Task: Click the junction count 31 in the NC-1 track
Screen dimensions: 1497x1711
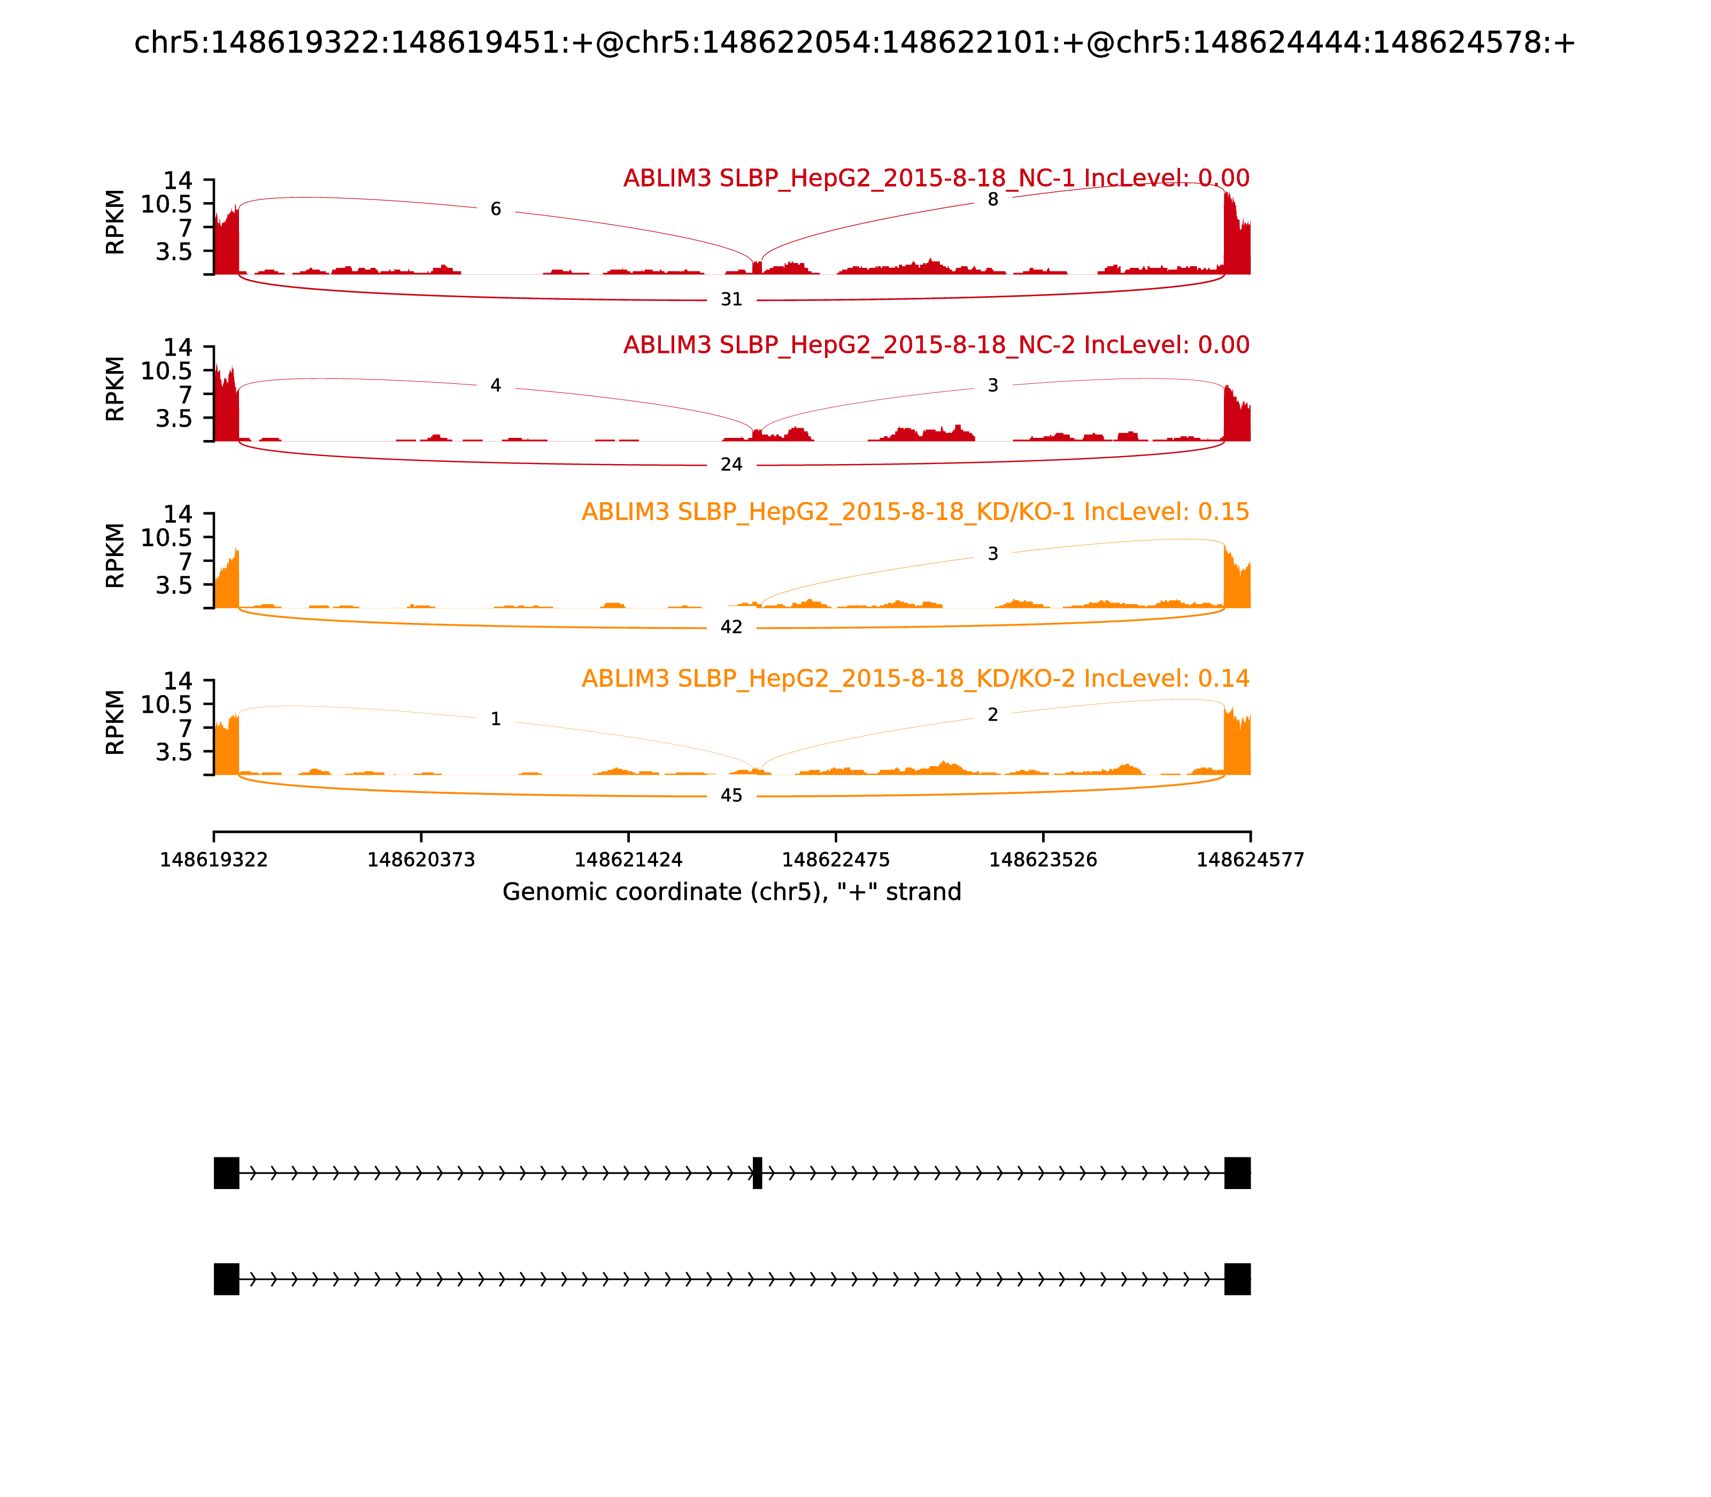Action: [x=731, y=299]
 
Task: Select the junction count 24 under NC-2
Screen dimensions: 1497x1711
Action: [x=731, y=465]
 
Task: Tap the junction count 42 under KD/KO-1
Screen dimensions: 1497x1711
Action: [x=731, y=627]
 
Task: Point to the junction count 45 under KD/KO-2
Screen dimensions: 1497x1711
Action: [x=731, y=796]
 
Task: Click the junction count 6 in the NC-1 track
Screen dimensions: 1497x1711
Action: [x=496, y=209]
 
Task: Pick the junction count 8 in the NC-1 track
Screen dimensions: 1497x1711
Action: [x=992, y=199]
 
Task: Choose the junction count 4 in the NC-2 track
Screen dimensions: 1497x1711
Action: [x=496, y=385]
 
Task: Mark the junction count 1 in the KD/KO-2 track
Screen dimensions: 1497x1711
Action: [x=496, y=719]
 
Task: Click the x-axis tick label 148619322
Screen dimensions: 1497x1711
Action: [x=214, y=860]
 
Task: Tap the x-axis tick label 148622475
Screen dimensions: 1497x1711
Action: [x=835, y=860]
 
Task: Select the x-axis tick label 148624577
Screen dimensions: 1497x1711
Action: [x=1250, y=860]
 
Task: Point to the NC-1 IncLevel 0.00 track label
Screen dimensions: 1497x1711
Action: [x=936, y=179]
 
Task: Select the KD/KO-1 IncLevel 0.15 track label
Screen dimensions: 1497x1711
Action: [x=915, y=512]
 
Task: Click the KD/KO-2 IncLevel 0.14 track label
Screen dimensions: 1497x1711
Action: [x=915, y=678]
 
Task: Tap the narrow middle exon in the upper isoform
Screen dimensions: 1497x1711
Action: [x=757, y=1173]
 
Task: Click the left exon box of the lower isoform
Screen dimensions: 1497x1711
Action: [x=226, y=1279]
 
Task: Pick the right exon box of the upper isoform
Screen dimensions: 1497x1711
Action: [x=1237, y=1173]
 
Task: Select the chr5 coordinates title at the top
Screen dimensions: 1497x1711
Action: [x=854, y=43]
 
